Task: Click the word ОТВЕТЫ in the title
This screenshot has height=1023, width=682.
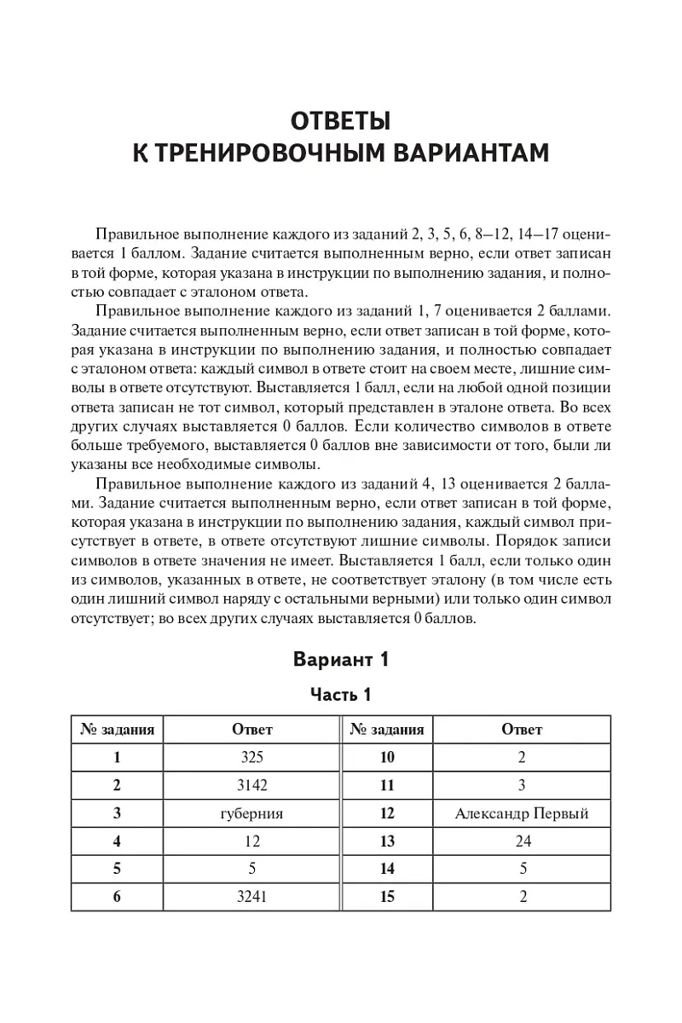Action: (341, 118)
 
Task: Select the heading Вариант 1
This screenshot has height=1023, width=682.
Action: (340, 659)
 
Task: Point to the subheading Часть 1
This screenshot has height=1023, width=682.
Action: (340, 695)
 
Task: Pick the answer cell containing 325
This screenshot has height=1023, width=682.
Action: (252, 757)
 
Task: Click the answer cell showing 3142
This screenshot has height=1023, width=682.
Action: (252, 785)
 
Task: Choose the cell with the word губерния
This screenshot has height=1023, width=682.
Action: (252, 813)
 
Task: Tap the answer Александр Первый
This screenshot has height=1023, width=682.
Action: (522, 813)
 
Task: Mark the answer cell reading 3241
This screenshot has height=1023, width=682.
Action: (252, 896)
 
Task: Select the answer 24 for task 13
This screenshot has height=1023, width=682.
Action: (523, 841)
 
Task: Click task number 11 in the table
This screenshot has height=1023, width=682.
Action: (387, 785)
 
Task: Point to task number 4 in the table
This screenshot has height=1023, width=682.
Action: (118, 841)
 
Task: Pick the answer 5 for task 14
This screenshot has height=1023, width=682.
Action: (523, 869)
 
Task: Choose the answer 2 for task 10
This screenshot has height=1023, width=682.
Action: (523, 757)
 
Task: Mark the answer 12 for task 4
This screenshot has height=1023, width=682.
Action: (252, 841)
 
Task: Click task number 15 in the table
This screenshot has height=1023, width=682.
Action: (387, 896)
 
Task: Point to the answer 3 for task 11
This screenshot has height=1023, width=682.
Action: (523, 785)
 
